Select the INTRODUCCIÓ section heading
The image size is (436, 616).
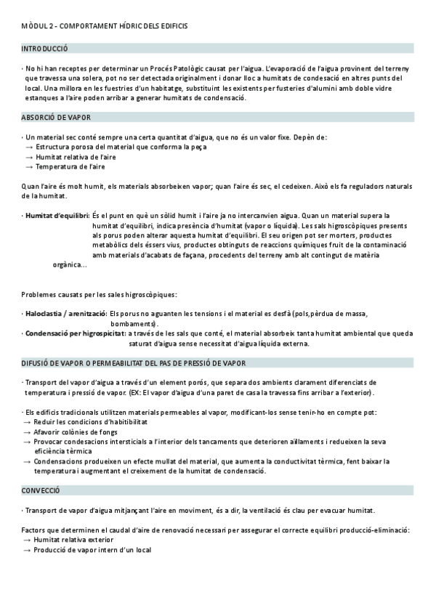45,48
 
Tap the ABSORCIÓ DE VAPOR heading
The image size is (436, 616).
57,117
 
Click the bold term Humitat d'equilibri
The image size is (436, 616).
57,216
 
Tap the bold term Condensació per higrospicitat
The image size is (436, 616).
74,333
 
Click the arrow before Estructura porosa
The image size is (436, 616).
28,147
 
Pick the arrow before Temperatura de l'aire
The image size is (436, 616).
28,166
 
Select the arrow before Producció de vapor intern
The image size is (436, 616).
27,550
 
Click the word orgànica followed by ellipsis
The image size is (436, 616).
70,264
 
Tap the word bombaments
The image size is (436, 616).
134,323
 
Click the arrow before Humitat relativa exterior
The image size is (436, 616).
27,540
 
